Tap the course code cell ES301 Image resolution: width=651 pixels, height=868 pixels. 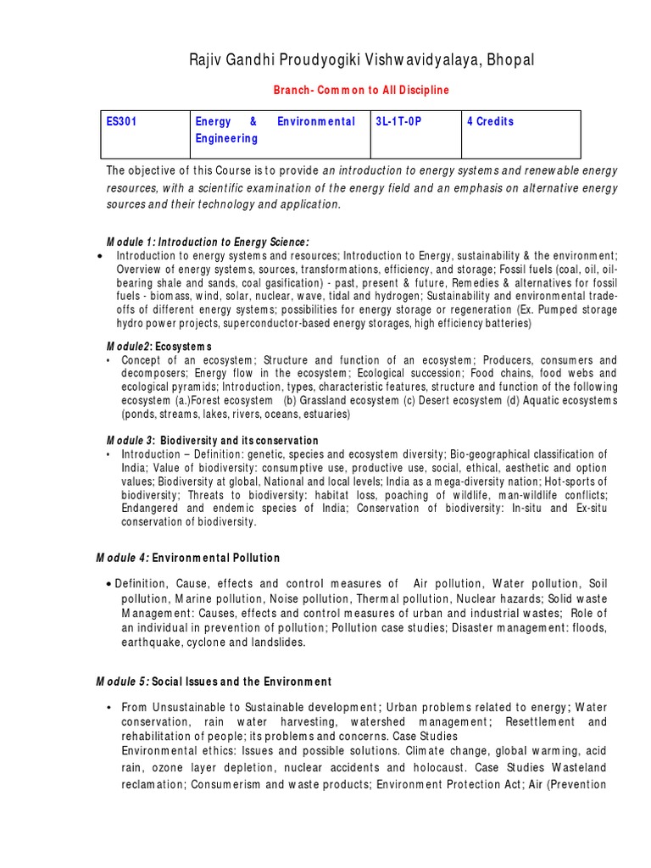click(x=121, y=122)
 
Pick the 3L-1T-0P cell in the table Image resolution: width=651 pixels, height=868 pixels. click(x=398, y=122)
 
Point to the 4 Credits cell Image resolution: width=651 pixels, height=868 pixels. click(x=490, y=122)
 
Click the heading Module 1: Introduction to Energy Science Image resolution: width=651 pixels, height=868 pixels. click(x=208, y=242)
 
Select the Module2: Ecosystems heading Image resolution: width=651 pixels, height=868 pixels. click(x=159, y=347)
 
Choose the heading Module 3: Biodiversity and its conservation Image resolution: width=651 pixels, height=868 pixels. click(x=212, y=441)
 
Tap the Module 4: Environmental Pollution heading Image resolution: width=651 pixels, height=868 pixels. click(x=188, y=558)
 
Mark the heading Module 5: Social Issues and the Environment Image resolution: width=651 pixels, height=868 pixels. click(x=213, y=682)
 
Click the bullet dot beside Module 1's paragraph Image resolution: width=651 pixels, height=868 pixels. click(x=101, y=255)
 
